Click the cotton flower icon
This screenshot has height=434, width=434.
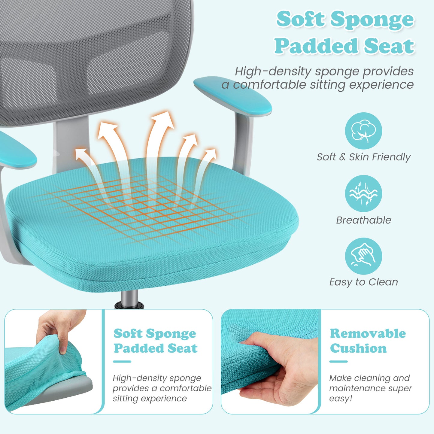[363, 131]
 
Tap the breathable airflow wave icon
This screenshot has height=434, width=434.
[363, 193]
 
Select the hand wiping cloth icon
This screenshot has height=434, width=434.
[363, 256]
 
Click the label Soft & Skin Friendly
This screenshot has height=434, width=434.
[363, 157]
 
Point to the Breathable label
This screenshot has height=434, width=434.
[363, 220]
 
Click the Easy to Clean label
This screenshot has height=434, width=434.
[363, 282]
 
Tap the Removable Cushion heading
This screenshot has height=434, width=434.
[368, 341]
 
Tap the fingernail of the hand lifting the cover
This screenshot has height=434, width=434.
[62, 350]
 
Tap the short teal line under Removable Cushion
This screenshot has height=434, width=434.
[338, 362]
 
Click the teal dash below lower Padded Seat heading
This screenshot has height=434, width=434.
[122, 362]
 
